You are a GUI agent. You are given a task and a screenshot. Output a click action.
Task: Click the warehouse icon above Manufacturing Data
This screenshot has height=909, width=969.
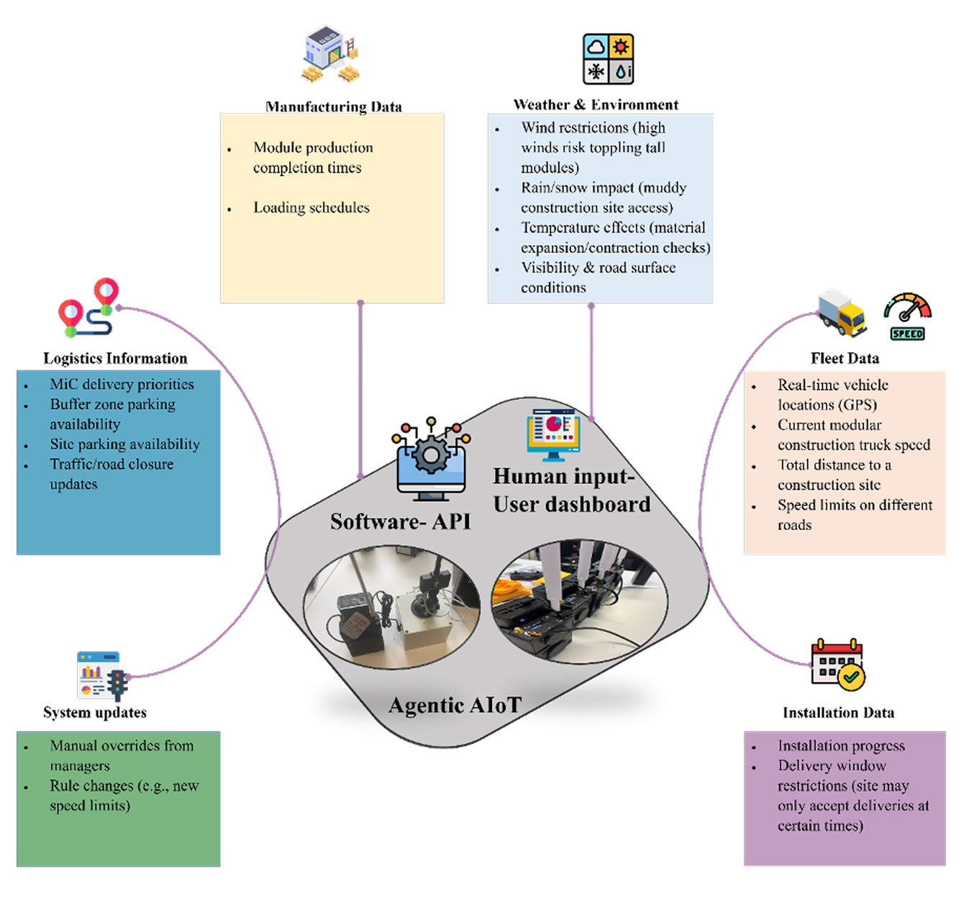[330, 55]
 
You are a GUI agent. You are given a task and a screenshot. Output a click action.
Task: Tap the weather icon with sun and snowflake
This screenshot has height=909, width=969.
[608, 58]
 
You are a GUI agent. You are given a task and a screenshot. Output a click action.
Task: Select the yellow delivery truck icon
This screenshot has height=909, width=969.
[842, 314]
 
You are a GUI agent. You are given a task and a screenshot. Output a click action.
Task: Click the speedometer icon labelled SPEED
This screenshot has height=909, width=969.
[907, 316]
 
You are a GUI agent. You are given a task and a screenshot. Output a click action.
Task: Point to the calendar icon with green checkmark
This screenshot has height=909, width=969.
[837, 664]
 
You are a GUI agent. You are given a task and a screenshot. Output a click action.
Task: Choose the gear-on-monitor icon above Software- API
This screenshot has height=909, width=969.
[431, 459]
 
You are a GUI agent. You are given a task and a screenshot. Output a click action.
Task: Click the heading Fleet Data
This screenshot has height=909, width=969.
[845, 358]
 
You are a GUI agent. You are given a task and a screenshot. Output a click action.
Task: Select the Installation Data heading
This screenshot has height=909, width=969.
[838, 713]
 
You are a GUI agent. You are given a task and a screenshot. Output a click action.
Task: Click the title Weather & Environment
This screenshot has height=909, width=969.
[596, 105]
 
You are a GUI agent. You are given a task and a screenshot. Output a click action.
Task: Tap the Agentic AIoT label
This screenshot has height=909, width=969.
[455, 705]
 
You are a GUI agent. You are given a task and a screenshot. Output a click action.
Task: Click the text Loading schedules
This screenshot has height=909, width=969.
[311, 208]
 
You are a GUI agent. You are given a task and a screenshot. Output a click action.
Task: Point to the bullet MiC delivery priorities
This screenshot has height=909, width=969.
[122, 384]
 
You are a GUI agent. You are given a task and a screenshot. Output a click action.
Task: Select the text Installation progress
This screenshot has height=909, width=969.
[841, 746]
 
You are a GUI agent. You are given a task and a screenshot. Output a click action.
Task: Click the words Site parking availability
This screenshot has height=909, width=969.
[124, 444]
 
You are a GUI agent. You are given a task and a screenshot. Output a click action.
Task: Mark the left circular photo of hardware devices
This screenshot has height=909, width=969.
[391, 606]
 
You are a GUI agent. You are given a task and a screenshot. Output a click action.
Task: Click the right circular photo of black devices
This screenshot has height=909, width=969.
[579, 599]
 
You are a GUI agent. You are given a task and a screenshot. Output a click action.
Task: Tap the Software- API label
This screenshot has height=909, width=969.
[400, 521]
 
